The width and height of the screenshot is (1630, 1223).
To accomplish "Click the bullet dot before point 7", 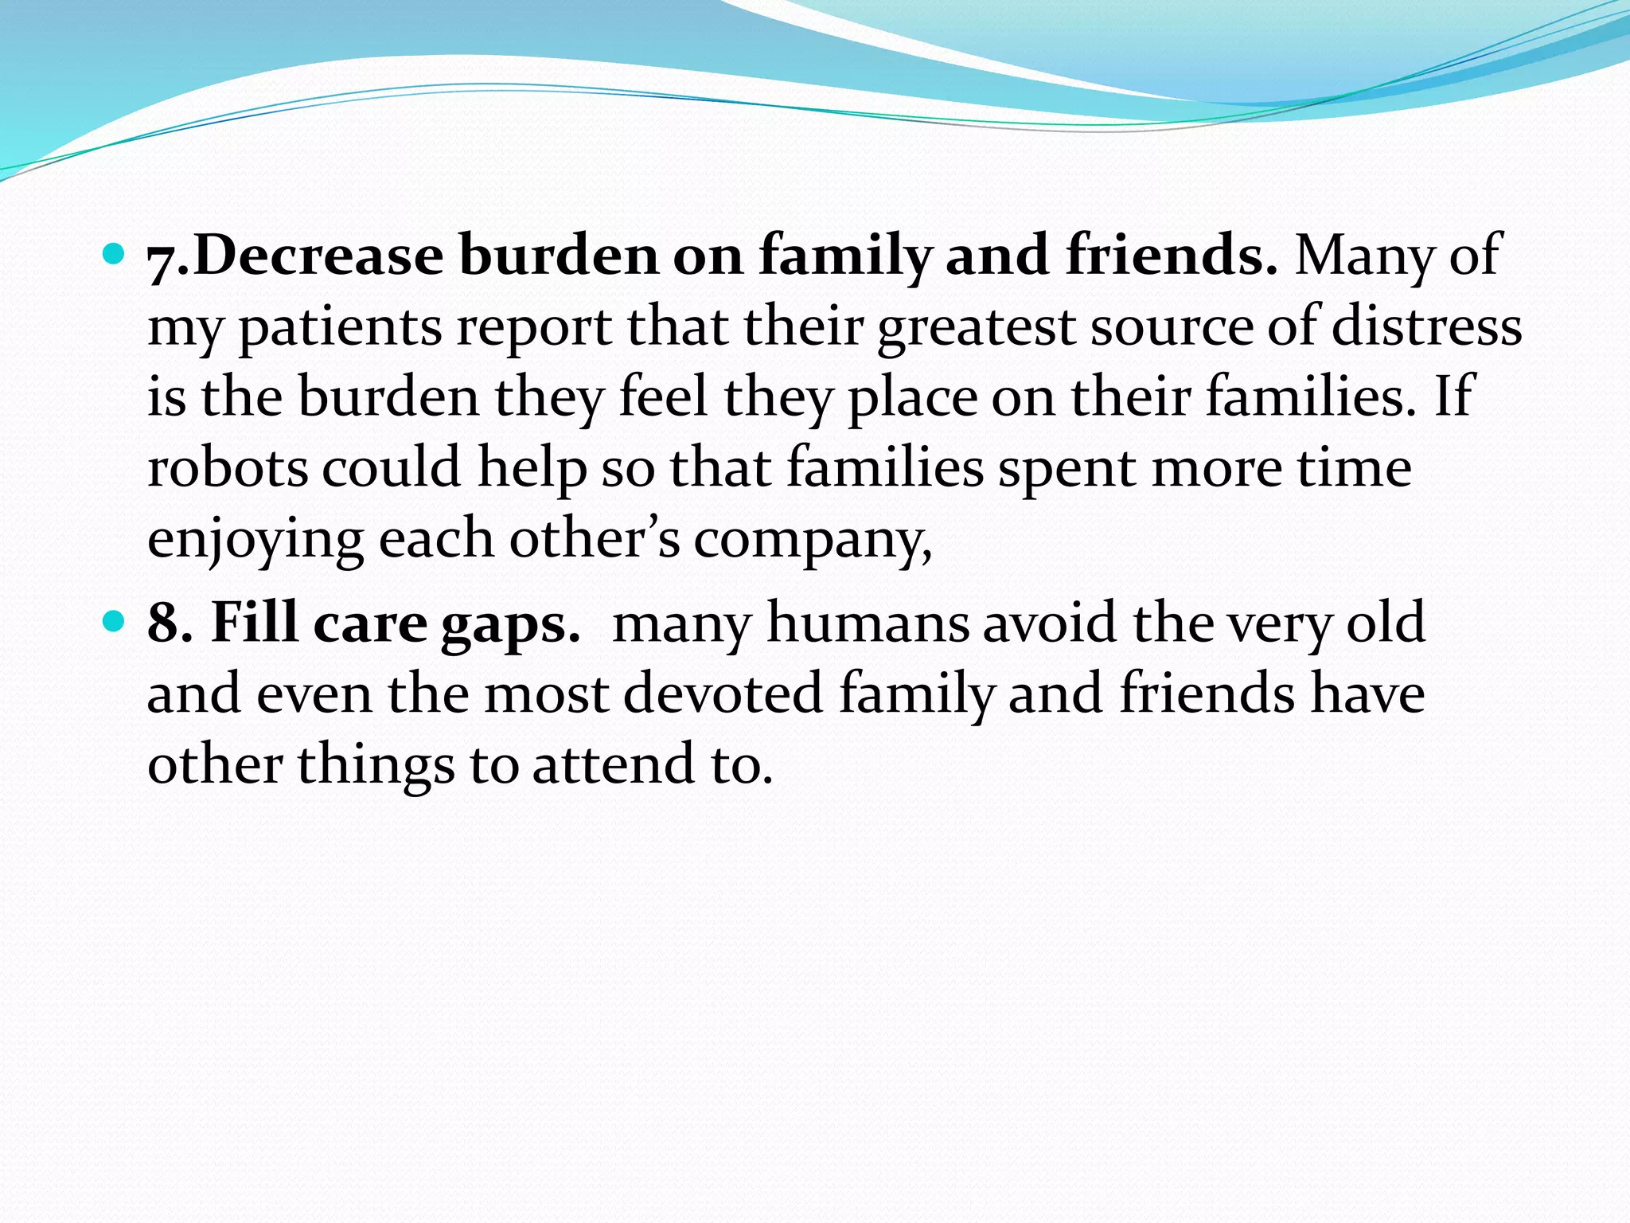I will click(x=115, y=255).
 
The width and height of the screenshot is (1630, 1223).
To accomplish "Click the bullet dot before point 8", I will click(x=115, y=621).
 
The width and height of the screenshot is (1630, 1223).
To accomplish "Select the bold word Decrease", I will click(x=318, y=256).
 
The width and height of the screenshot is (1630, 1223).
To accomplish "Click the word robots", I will click(x=228, y=468).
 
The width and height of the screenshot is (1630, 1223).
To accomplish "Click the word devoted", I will click(x=723, y=693).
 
